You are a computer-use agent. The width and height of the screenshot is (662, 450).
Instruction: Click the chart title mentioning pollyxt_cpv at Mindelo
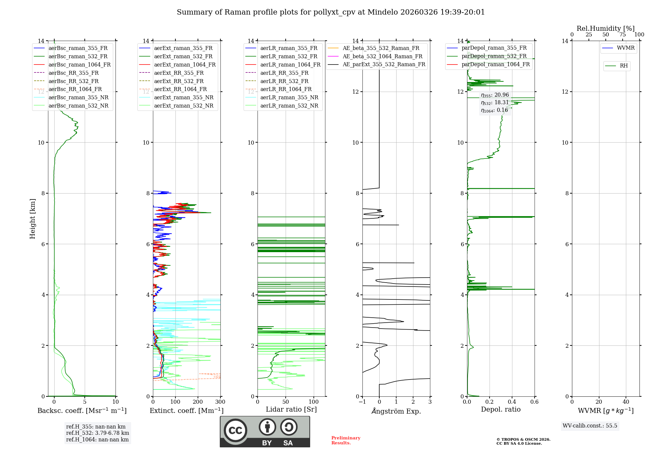[331, 12]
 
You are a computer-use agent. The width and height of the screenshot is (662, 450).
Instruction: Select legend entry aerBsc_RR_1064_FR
[75, 89]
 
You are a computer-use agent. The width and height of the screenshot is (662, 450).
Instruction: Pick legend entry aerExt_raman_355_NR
[184, 98]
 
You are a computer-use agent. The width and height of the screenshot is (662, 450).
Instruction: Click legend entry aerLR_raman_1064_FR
[290, 65]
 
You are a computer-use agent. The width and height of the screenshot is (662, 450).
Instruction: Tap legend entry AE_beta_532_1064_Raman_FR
[382, 57]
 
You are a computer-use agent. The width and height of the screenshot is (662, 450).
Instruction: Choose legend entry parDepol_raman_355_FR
[494, 48]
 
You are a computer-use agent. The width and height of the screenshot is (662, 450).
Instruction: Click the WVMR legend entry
[626, 48]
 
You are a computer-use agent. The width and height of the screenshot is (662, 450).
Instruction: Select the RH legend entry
[624, 66]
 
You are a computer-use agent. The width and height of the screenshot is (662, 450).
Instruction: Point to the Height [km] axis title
[32, 218]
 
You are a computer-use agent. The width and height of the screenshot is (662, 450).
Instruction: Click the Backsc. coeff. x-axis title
[82, 411]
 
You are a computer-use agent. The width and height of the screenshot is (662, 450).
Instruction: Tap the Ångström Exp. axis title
[396, 411]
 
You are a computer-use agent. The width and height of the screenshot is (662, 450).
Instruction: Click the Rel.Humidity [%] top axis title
[605, 28]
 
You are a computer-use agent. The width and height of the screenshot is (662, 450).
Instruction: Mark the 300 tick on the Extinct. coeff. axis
[220, 402]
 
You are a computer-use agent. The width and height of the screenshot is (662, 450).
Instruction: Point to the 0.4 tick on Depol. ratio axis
[512, 402]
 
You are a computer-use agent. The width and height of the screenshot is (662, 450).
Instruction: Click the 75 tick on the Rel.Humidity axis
[622, 35]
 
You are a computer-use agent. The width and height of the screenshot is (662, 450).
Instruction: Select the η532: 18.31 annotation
[495, 103]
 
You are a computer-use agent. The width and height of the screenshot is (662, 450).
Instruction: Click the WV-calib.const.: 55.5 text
[590, 426]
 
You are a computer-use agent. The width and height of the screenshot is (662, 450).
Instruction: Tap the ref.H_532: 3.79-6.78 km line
[97, 433]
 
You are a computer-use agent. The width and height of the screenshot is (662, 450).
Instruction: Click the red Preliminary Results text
[346, 440]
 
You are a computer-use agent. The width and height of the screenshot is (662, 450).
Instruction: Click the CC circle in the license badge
[235, 430]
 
